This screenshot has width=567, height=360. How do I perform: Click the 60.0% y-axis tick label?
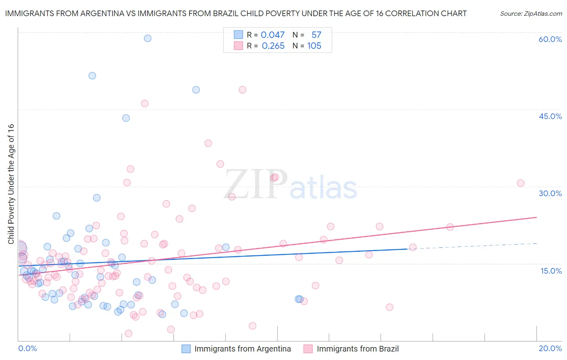(550, 39)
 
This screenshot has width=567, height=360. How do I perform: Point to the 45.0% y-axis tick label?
(550, 116)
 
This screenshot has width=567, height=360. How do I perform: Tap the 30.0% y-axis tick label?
(550, 193)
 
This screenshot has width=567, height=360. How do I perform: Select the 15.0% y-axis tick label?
(551, 270)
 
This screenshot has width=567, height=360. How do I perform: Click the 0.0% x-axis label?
(27, 348)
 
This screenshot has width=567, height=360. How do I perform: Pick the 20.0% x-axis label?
(550, 348)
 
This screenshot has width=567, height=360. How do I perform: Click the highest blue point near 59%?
(148, 38)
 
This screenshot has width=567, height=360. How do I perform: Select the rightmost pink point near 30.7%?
(521, 183)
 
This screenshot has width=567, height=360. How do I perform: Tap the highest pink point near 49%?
(242, 90)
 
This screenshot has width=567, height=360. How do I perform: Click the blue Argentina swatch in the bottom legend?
(186, 349)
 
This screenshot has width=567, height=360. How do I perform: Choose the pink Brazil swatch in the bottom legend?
(308, 349)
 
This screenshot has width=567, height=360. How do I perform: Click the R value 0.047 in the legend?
(273, 35)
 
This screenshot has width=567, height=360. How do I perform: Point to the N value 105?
(314, 46)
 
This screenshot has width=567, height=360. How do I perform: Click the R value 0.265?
(273, 46)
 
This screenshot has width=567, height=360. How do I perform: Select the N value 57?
(316, 35)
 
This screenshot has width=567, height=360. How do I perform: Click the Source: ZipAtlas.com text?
(531, 13)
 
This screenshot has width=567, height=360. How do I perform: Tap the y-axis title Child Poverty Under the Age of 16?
(11, 184)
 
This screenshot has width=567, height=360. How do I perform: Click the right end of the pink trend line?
(536, 217)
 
